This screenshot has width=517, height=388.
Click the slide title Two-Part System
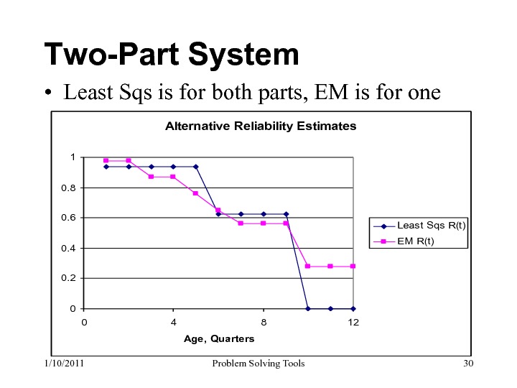[x=171, y=55]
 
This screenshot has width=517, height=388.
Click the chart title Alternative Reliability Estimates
[x=261, y=126]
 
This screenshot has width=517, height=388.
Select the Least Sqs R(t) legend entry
[x=424, y=226]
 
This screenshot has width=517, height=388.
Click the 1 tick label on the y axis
[x=72, y=157]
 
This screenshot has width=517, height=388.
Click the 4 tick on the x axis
[x=174, y=323]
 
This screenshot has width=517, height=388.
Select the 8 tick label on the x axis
[x=264, y=323]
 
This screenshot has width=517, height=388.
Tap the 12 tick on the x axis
[x=353, y=323]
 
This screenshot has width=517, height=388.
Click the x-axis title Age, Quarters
[x=219, y=338]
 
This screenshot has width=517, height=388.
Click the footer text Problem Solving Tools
[x=259, y=364]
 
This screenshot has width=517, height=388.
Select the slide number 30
[x=469, y=364]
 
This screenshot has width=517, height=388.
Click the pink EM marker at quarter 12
[x=353, y=266]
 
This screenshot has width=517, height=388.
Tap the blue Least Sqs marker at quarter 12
[x=353, y=308]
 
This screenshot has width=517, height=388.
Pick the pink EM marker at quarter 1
[x=106, y=160]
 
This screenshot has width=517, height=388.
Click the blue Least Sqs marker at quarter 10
[x=308, y=308]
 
